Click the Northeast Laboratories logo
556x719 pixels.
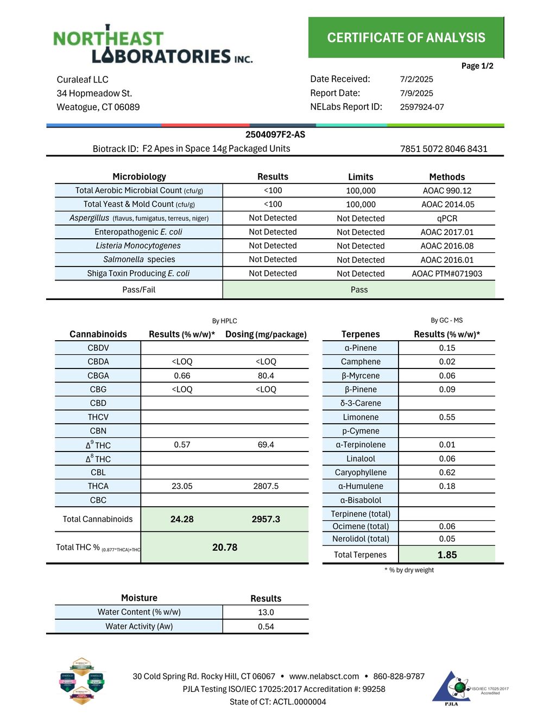(x=153, y=46)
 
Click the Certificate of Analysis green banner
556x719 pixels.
(x=406, y=37)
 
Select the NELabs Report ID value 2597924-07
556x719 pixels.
(x=422, y=107)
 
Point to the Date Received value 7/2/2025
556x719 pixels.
(x=416, y=79)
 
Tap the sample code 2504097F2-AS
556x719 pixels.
(x=275, y=135)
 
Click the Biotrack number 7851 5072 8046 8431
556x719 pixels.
(x=444, y=149)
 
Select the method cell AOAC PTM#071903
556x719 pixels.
(x=447, y=273)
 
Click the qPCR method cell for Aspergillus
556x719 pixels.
(x=447, y=218)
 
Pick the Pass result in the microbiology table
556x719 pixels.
(x=359, y=290)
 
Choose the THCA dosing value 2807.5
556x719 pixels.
(x=266, y=486)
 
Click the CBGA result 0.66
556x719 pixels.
(x=182, y=376)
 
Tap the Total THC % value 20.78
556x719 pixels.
(x=225, y=548)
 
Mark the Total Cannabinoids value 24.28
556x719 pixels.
(x=182, y=519)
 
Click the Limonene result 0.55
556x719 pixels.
(x=447, y=417)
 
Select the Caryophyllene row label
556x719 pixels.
(x=361, y=473)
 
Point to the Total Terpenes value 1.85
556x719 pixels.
(x=447, y=555)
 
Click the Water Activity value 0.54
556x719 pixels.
(x=266, y=626)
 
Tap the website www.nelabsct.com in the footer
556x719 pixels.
(x=324, y=676)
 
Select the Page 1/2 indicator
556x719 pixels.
(x=477, y=66)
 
